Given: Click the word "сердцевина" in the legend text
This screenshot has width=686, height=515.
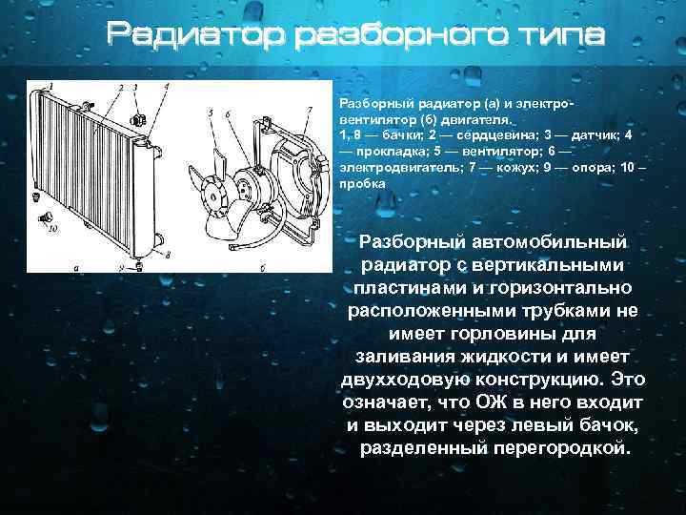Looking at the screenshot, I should coord(478,136).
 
